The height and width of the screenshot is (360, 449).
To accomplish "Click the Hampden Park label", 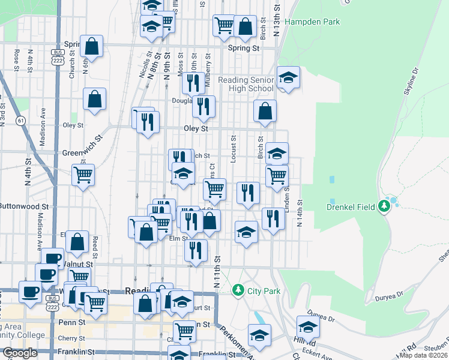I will [312, 22].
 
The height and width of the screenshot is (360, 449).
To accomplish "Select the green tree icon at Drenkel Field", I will [385, 207].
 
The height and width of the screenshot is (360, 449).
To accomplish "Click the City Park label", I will [264, 291].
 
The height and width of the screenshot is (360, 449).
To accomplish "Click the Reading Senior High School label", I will [246, 84].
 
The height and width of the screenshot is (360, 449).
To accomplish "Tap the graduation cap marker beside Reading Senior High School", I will [288, 77].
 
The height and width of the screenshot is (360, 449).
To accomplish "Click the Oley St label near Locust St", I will [196, 128].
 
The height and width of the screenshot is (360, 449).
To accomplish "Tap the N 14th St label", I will [299, 213].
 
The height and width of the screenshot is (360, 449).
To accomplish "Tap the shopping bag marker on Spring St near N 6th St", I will [91, 46].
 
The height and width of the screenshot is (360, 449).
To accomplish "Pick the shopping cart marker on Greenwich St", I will [83, 176].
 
